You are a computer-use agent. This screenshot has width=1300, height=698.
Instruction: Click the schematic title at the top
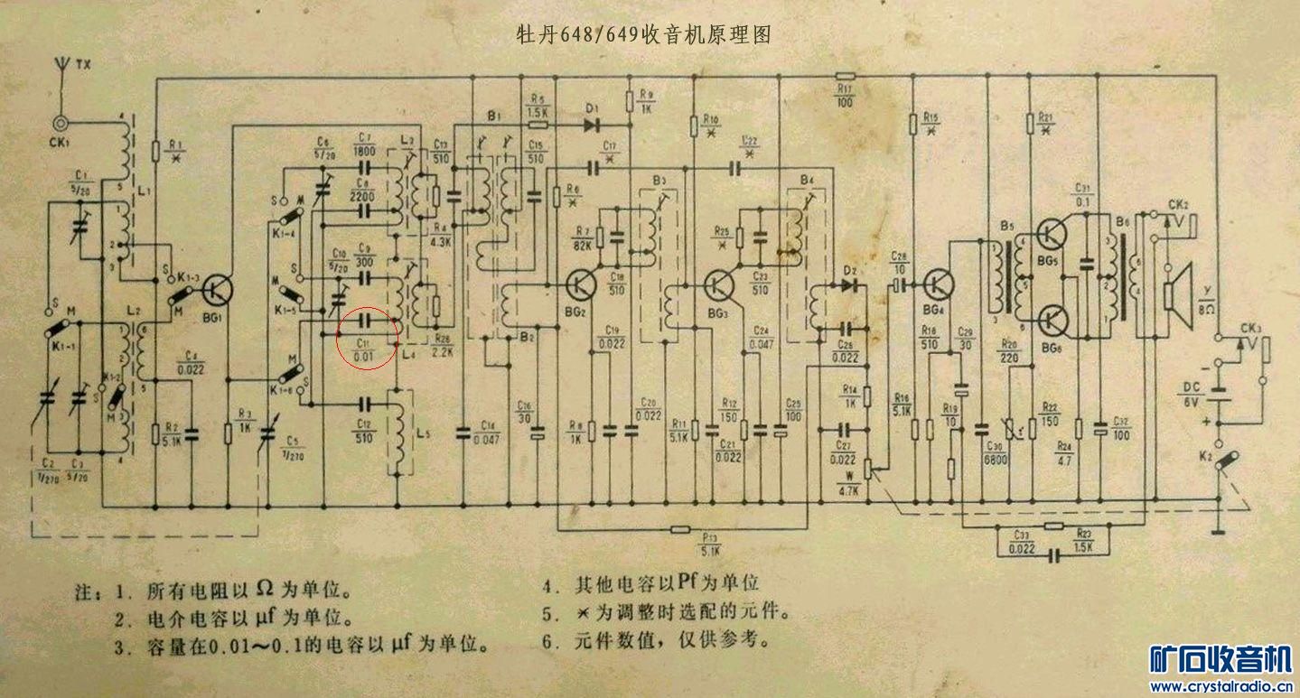[643, 35]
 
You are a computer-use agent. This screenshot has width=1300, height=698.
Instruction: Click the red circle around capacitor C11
[367, 338]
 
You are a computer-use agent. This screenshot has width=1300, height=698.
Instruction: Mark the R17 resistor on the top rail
[845, 77]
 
